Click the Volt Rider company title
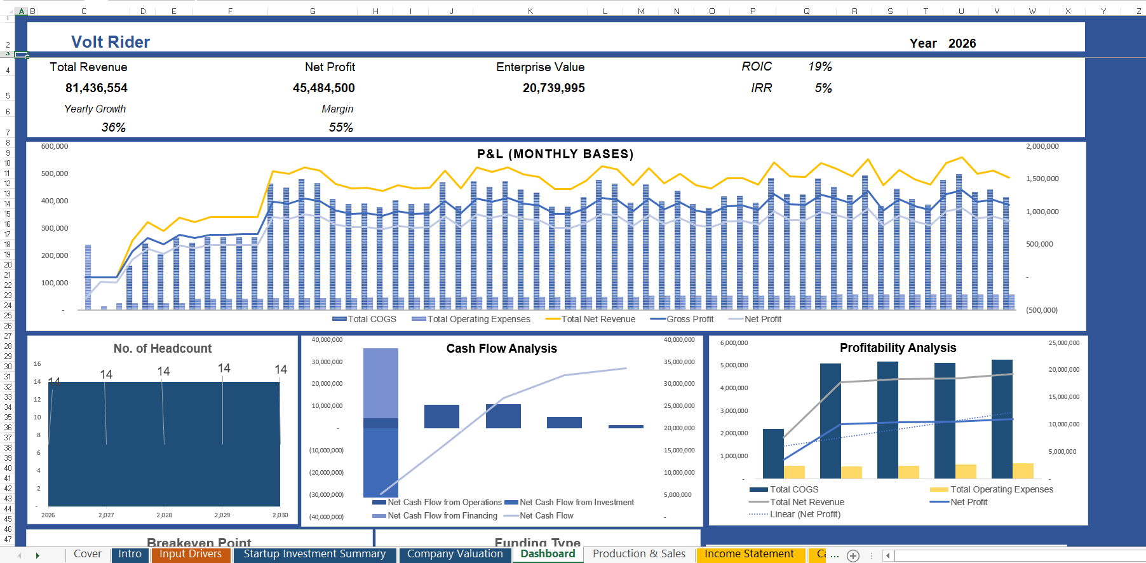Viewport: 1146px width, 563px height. tap(111, 42)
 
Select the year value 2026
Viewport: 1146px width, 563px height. tap(962, 43)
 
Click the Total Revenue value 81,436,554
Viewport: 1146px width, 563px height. tap(97, 88)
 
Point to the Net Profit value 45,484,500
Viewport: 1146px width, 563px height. tap(323, 88)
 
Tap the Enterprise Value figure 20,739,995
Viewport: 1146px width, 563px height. tap(553, 88)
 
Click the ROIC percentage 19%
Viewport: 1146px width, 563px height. tap(819, 67)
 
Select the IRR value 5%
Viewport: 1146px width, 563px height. tap(823, 88)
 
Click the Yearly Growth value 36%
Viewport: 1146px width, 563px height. tap(113, 127)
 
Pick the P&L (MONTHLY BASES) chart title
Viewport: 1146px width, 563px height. tap(555, 154)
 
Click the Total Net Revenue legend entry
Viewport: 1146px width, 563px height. tap(598, 319)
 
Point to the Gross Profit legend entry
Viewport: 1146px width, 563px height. tap(690, 319)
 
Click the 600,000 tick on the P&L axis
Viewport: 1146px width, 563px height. tap(55, 146)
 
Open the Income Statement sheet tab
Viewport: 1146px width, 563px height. tap(749, 554)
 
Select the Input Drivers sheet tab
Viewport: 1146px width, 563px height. tap(191, 554)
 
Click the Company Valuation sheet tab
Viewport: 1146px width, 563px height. tap(455, 554)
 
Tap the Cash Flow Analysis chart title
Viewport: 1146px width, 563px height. tap(501, 348)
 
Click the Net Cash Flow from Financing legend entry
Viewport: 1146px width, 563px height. tap(442, 515)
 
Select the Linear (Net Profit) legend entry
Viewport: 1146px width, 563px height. tap(805, 514)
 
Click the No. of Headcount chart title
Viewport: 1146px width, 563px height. tap(163, 348)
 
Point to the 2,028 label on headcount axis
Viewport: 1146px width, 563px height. tap(164, 515)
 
